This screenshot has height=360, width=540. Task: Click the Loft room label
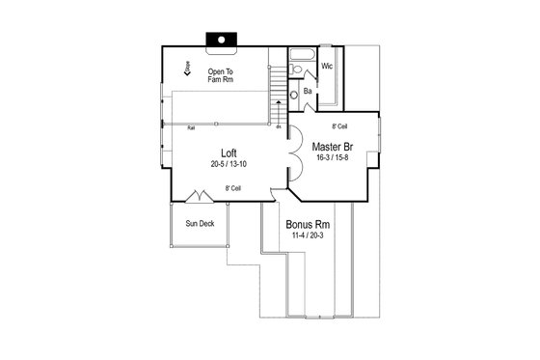[229, 152]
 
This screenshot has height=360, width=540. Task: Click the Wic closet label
[327, 67]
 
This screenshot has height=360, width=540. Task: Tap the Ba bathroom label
[307, 92]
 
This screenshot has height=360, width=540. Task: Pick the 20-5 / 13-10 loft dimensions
[229, 165]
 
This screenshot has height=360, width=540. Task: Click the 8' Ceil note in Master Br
[339, 126]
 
